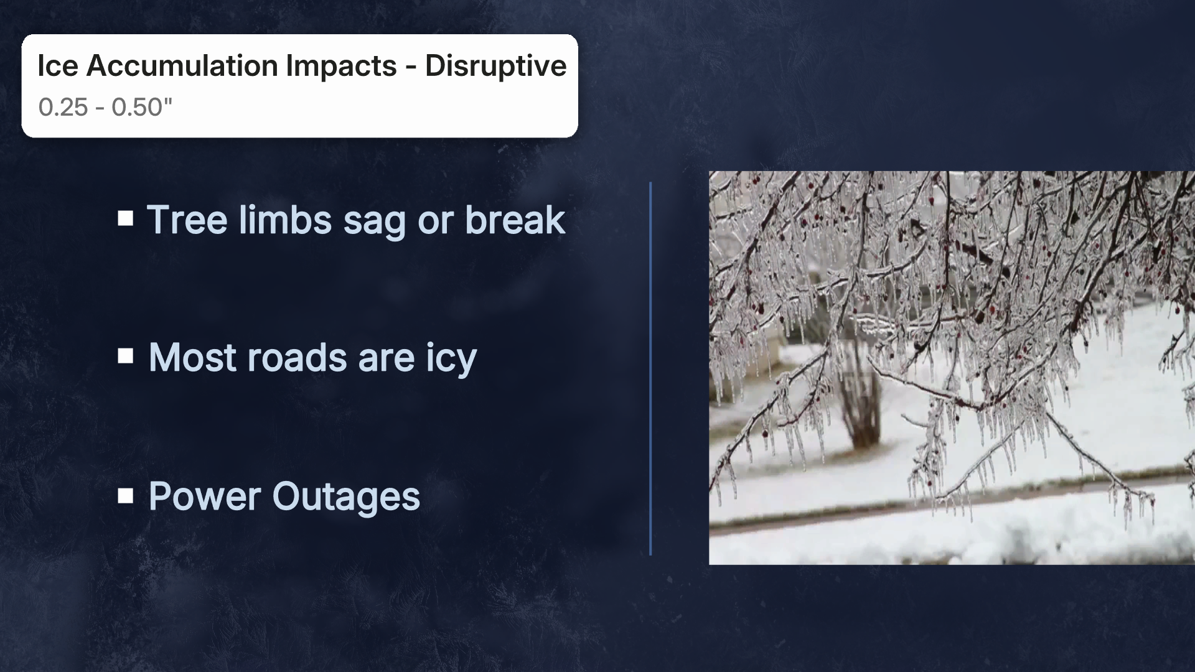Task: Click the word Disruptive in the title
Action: (495, 66)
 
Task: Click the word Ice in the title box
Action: (57, 66)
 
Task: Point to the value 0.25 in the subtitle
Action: (63, 108)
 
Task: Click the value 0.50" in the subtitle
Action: (141, 108)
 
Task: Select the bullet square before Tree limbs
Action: (126, 218)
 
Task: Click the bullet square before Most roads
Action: (126, 356)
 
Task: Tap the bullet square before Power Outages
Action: (126, 495)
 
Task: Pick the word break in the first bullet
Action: (515, 220)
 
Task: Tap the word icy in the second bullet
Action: (451, 359)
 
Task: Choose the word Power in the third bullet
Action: (205, 497)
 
